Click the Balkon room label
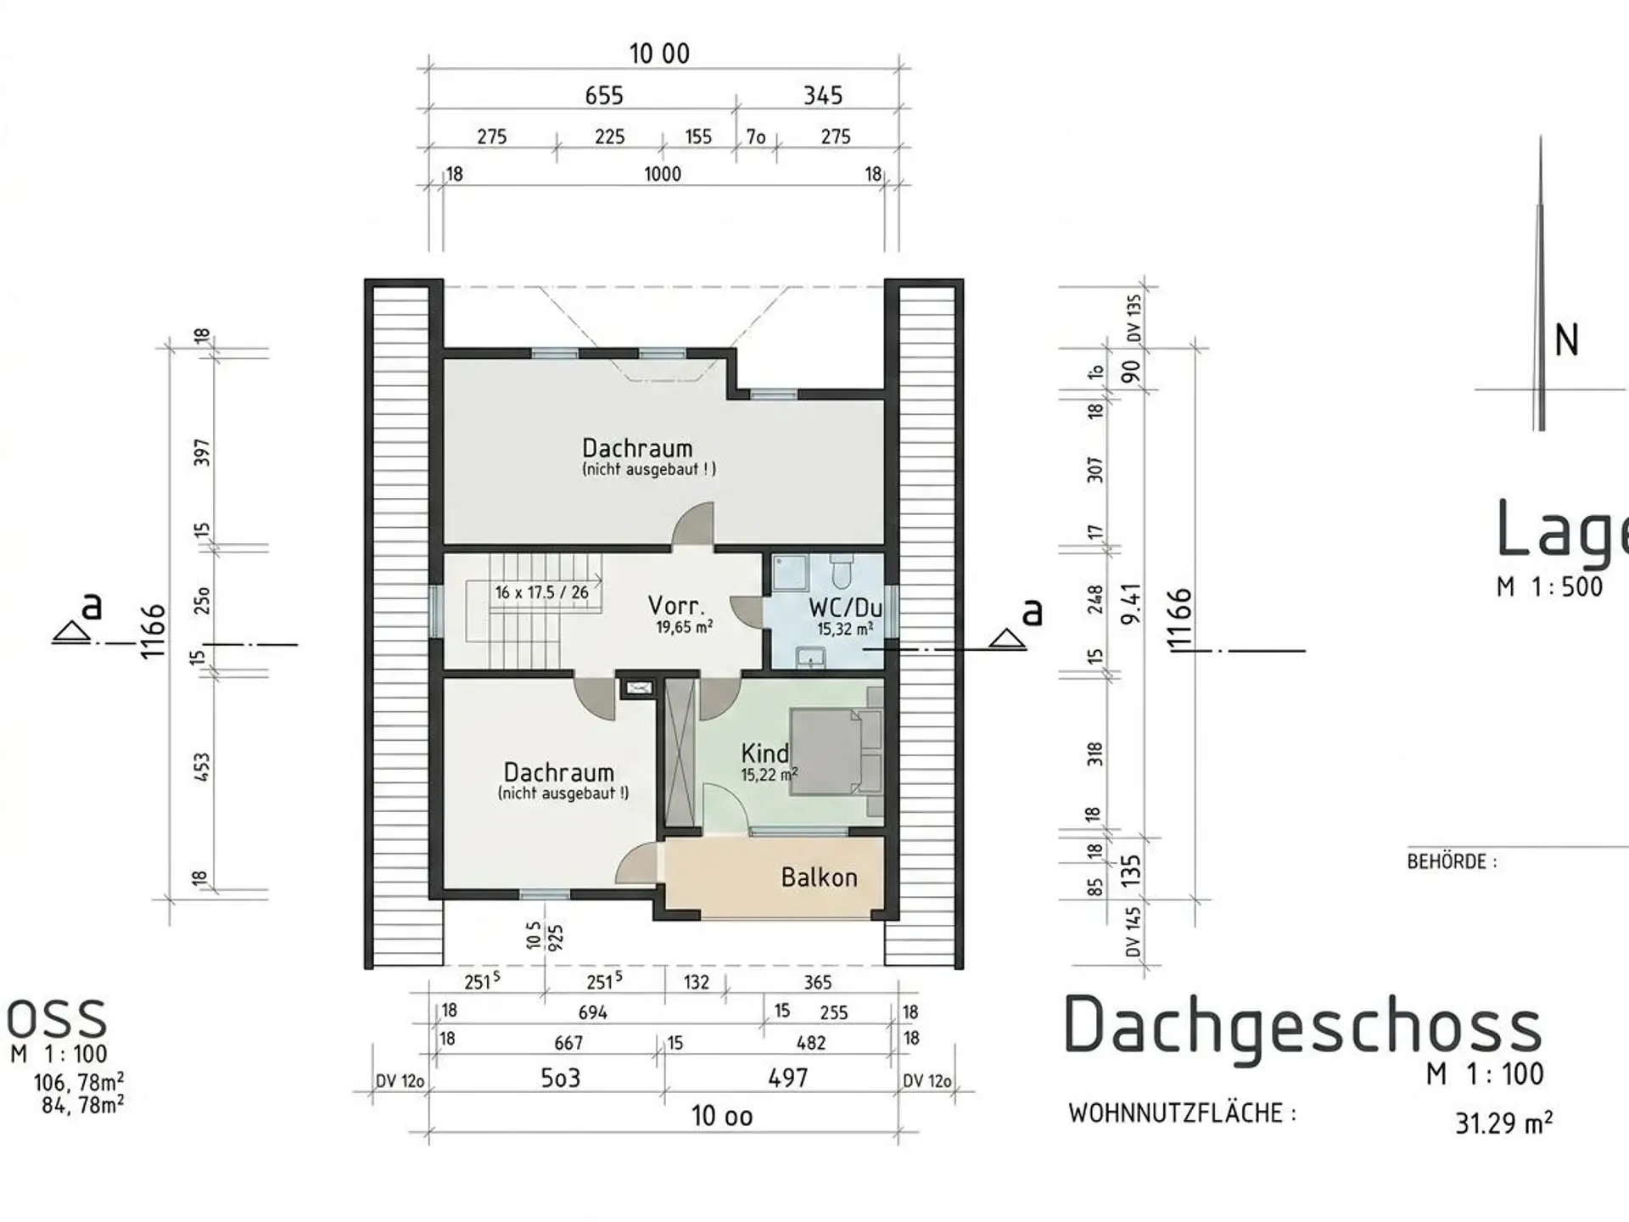click(819, 877)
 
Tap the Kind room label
click(764, 753)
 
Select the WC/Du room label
click(845, 608)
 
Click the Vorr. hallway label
click(676, 605)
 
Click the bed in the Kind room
click(837, 752)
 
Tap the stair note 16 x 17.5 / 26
click(541, 592)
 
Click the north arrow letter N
click(1566, 340)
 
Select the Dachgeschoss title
click(1302, 1026)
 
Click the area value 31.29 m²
click(1504, 1123)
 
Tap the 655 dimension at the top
click(604, 95)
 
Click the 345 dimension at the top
click(823, 95)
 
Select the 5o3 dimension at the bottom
click(561, 1078)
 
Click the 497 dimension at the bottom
click(788, 1078)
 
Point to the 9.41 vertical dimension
click(1132, 603)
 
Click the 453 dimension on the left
click(202, 767)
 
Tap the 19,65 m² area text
click(684, 627)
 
